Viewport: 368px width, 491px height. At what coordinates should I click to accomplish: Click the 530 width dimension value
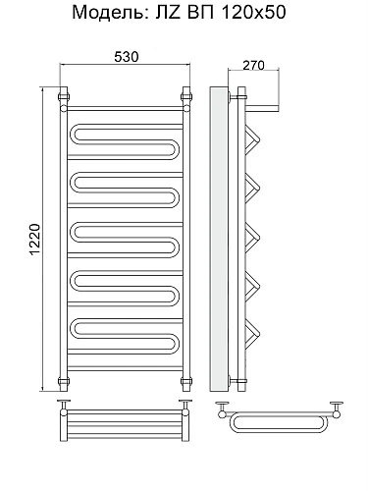pos(127,57)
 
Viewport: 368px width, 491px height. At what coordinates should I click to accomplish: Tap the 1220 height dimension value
pos(35,240)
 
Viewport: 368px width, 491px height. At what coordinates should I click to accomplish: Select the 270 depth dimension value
pos(253,66)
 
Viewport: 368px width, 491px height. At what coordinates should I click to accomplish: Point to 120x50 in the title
pos(253,13)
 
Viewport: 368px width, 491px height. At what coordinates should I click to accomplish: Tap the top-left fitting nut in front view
pos(63,97)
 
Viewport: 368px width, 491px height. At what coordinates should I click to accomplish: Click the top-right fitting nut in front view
pos(186,97)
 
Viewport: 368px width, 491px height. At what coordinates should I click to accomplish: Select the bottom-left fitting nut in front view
pos(63,381)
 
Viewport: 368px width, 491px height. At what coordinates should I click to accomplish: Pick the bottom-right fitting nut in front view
pos(186,381)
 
